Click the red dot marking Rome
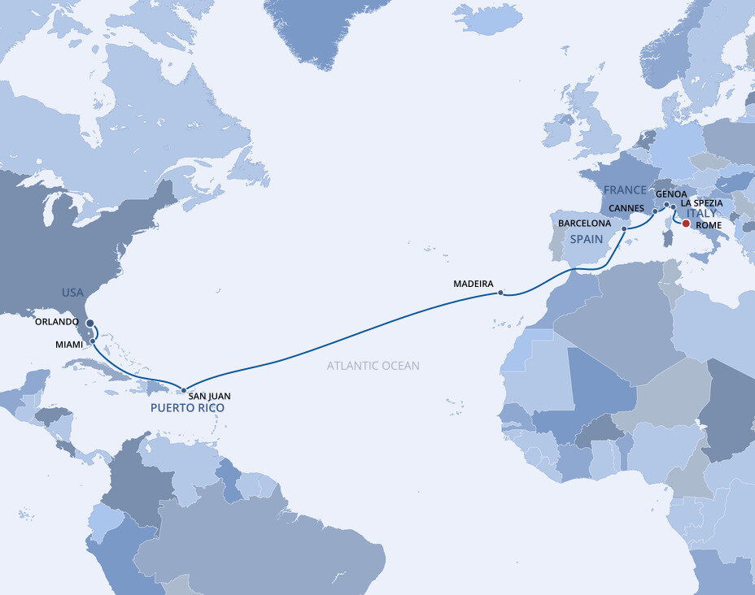point(686,224)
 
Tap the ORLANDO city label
point(57,322)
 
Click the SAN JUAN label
point(209,396)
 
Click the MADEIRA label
point(474,284)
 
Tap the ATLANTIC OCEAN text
point(373,366)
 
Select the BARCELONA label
point(585,222)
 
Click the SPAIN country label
point(585,240)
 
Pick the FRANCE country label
point(625,189)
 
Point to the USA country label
point(73,292)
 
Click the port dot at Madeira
point(500,293)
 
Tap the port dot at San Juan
point(184,390)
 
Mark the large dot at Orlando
point(89,323)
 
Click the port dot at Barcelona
point(624,229)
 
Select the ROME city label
point(709,225)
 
